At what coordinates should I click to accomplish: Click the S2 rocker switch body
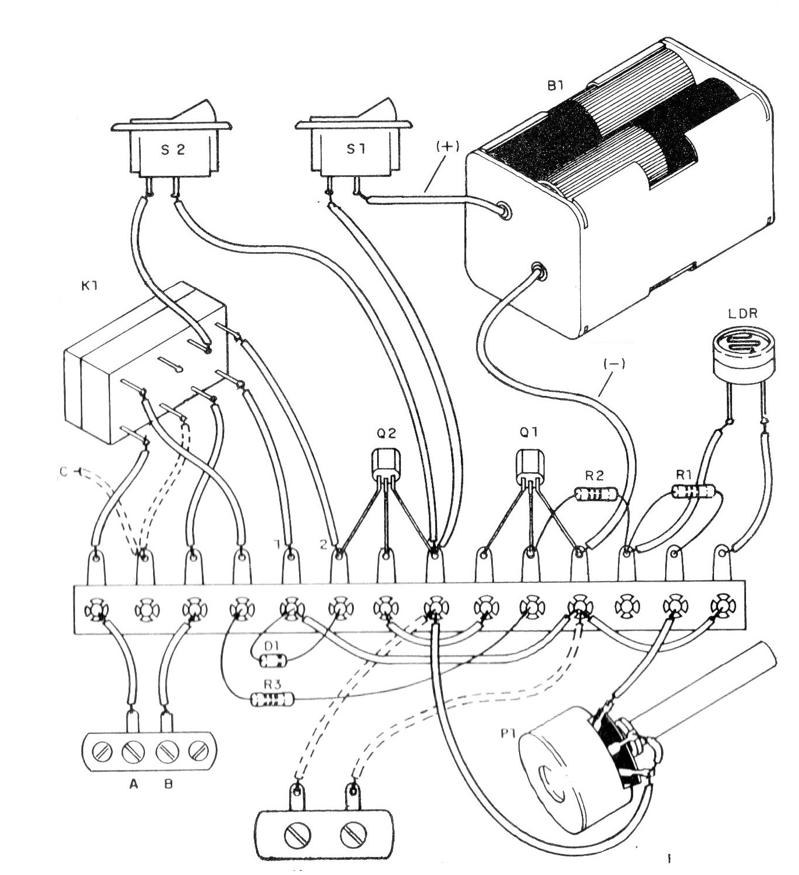coord(173,150)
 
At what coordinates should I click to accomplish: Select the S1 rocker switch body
coord(355,150)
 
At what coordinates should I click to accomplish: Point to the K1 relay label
coord(90,286)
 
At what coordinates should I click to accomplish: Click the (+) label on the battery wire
coord(447,147)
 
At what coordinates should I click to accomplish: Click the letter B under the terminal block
coord(168,784)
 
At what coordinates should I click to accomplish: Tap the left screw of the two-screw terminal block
coord(297,837)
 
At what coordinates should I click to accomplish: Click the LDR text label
coord(743,313)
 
